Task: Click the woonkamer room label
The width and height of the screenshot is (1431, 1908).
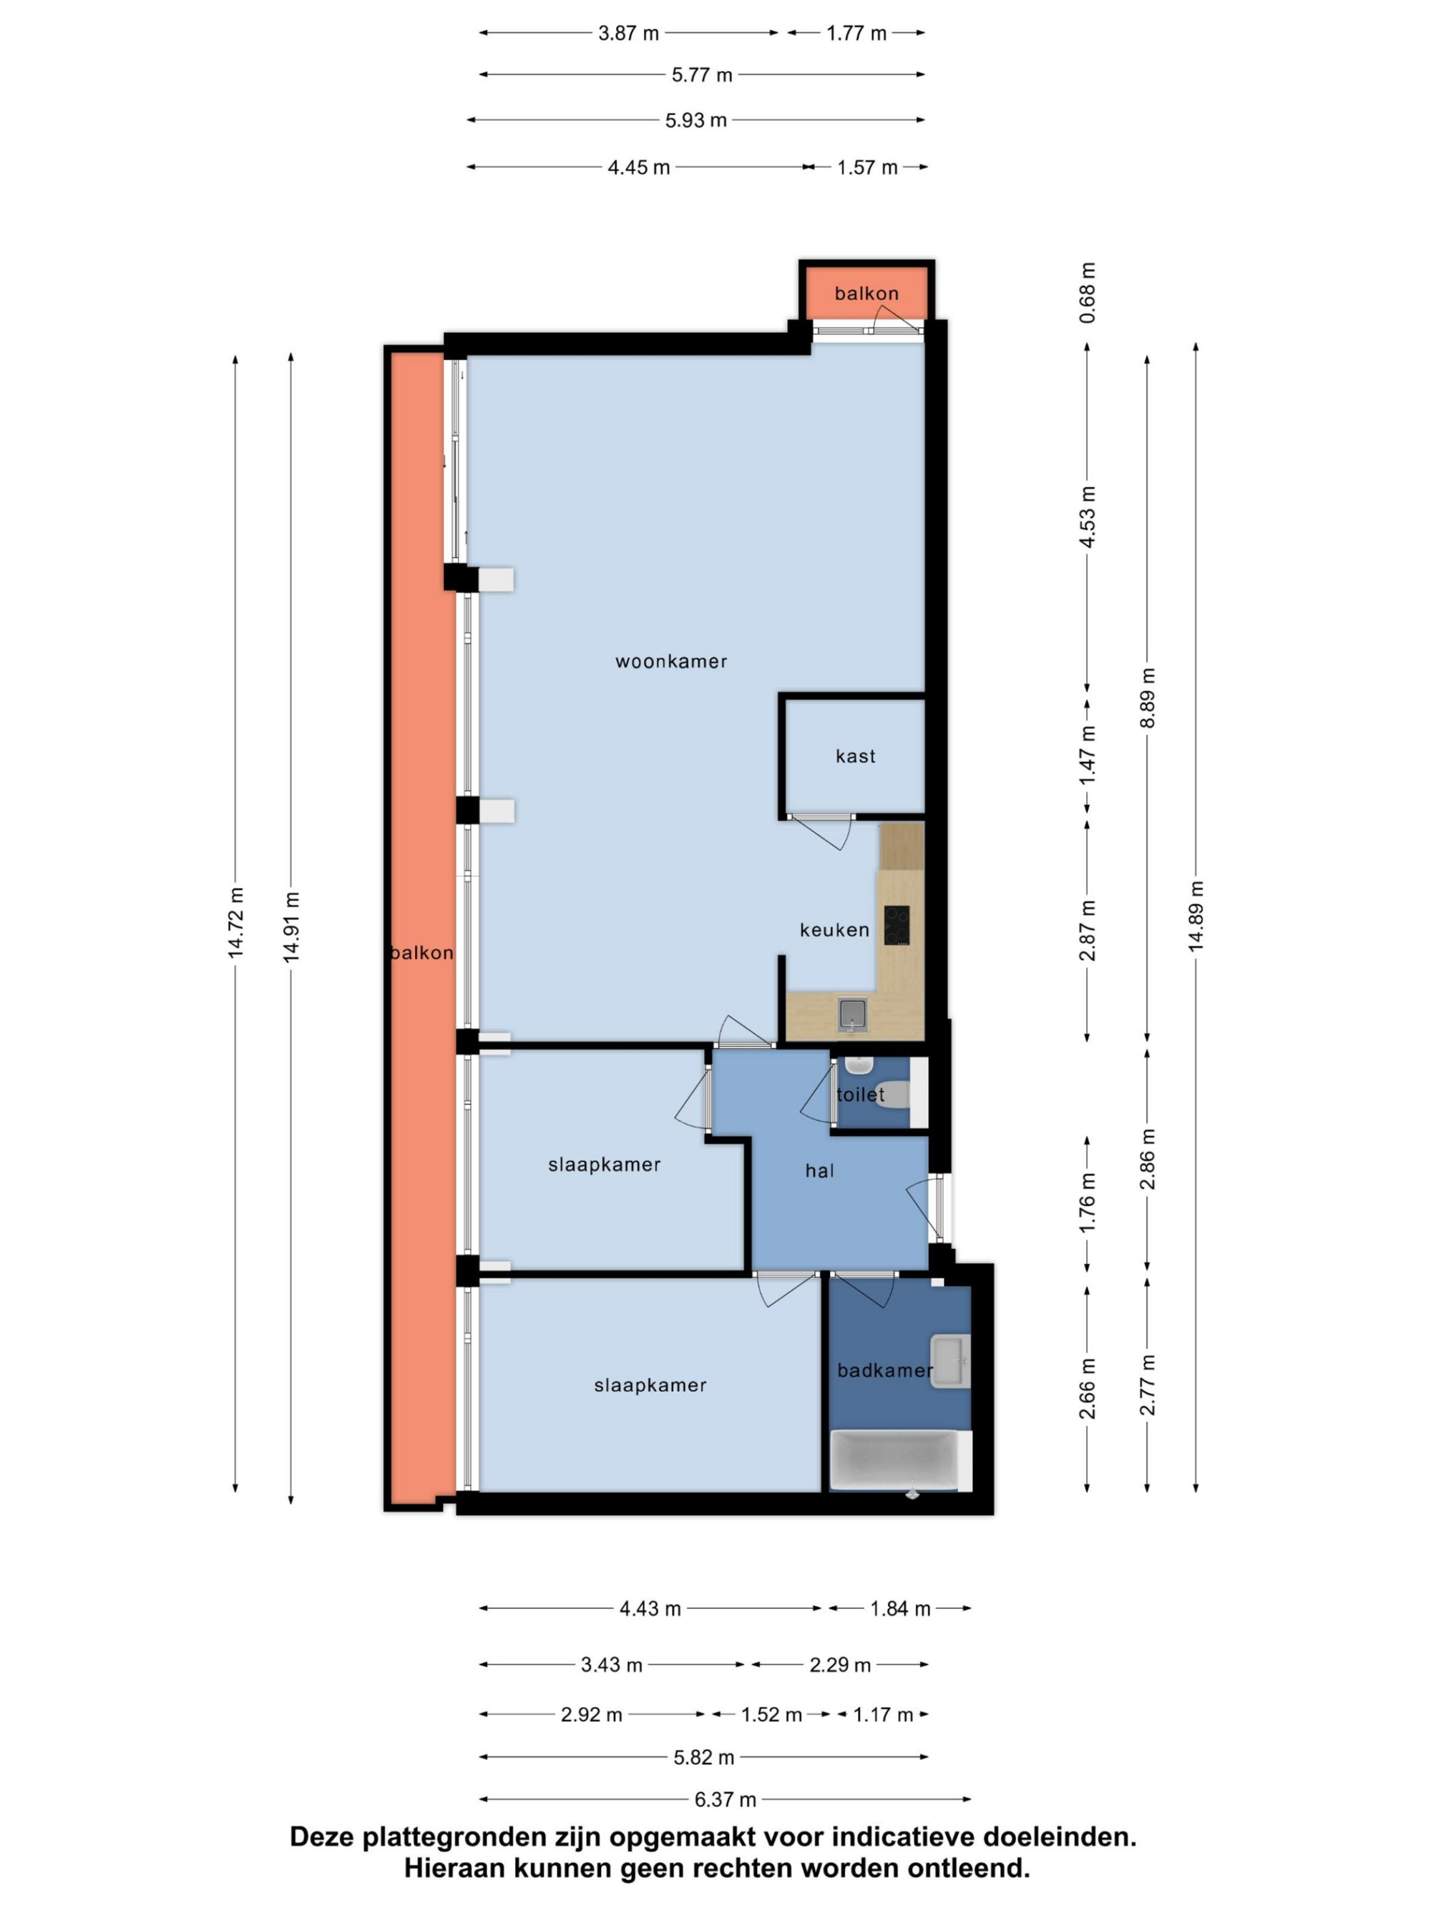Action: point(670,662)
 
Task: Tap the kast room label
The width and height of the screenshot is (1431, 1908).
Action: point(855,756)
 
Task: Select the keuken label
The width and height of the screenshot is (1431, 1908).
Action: point(834,930)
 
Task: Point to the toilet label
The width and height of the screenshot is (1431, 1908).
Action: point(860,1095)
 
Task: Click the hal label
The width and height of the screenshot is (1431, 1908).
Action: point(819,1170)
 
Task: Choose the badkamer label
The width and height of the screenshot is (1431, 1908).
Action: point(885,1371)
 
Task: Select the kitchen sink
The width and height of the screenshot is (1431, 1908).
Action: point(851,1015)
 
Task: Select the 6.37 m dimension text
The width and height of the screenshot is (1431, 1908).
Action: point(726,1799)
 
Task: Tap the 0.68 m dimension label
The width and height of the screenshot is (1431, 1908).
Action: point(1088,293)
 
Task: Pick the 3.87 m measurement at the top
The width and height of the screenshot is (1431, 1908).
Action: point(629,34)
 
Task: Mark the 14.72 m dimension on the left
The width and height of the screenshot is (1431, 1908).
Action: point(235,923)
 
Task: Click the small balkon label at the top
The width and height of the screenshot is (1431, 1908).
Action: point(866,293)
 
